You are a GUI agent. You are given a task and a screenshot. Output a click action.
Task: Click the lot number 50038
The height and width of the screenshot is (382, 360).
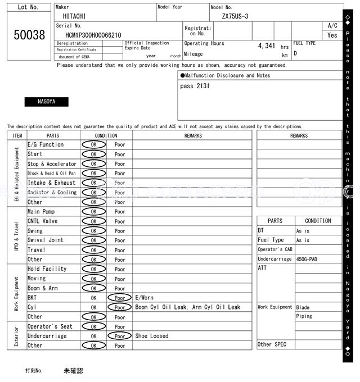click(29, 34)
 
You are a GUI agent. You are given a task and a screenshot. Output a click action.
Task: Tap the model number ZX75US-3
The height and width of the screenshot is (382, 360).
click(236, 16)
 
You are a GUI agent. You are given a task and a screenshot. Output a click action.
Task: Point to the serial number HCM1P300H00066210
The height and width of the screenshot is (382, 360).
click(89, 35)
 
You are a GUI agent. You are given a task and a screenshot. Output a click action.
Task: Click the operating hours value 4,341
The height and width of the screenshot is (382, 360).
click(266, 46)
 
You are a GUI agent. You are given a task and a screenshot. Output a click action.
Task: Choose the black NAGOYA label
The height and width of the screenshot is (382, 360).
click(46, 102)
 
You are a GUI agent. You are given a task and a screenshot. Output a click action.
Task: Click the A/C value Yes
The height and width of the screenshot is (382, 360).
click(332, 35)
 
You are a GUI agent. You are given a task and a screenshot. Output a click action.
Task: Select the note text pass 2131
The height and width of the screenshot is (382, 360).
click(195, 86)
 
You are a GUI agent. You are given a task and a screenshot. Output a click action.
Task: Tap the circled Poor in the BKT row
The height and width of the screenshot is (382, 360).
click(120, 298)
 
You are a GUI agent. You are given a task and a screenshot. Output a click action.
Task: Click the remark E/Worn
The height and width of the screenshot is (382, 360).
click(144, 298)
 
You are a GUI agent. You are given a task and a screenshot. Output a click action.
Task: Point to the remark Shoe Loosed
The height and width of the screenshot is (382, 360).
click(151, 336)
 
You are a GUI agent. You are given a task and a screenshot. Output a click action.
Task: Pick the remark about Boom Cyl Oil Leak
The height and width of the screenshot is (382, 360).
click(187, 307)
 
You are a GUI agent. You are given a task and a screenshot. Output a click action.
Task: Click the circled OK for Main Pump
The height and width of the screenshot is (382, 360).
click(93, 212)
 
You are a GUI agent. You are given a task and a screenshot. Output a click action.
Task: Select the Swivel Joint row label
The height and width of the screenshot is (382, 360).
click(46, 240)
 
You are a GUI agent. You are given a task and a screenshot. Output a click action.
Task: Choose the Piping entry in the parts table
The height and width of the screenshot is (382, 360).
click(304, 316)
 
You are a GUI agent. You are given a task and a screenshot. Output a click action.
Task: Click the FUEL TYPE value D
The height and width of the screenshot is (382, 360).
click(295, 54)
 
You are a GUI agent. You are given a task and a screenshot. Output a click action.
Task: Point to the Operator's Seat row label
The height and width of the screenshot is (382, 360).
click(50, 326)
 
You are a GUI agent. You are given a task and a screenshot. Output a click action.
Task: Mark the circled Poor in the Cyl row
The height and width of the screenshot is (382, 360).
click(120, 307)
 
